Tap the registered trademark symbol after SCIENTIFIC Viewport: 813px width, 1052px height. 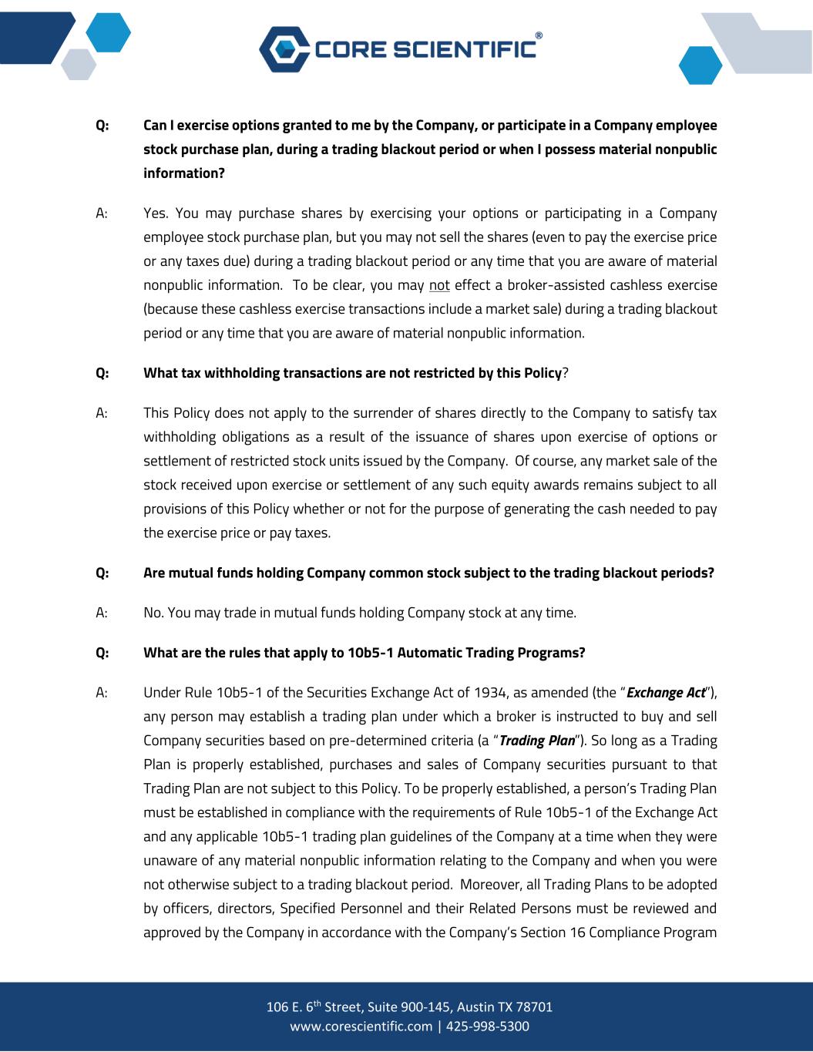tap(539, 35)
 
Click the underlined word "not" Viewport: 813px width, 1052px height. tap(439, 285)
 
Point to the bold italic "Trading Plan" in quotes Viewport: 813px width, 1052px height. tap(537, 741)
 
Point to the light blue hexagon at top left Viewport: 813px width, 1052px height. tap(109, 33)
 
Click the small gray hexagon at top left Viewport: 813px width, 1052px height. tap(78, 63)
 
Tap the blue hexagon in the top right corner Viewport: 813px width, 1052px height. tap(700, 65)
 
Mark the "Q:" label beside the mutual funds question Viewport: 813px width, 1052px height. tap(102, 573)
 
